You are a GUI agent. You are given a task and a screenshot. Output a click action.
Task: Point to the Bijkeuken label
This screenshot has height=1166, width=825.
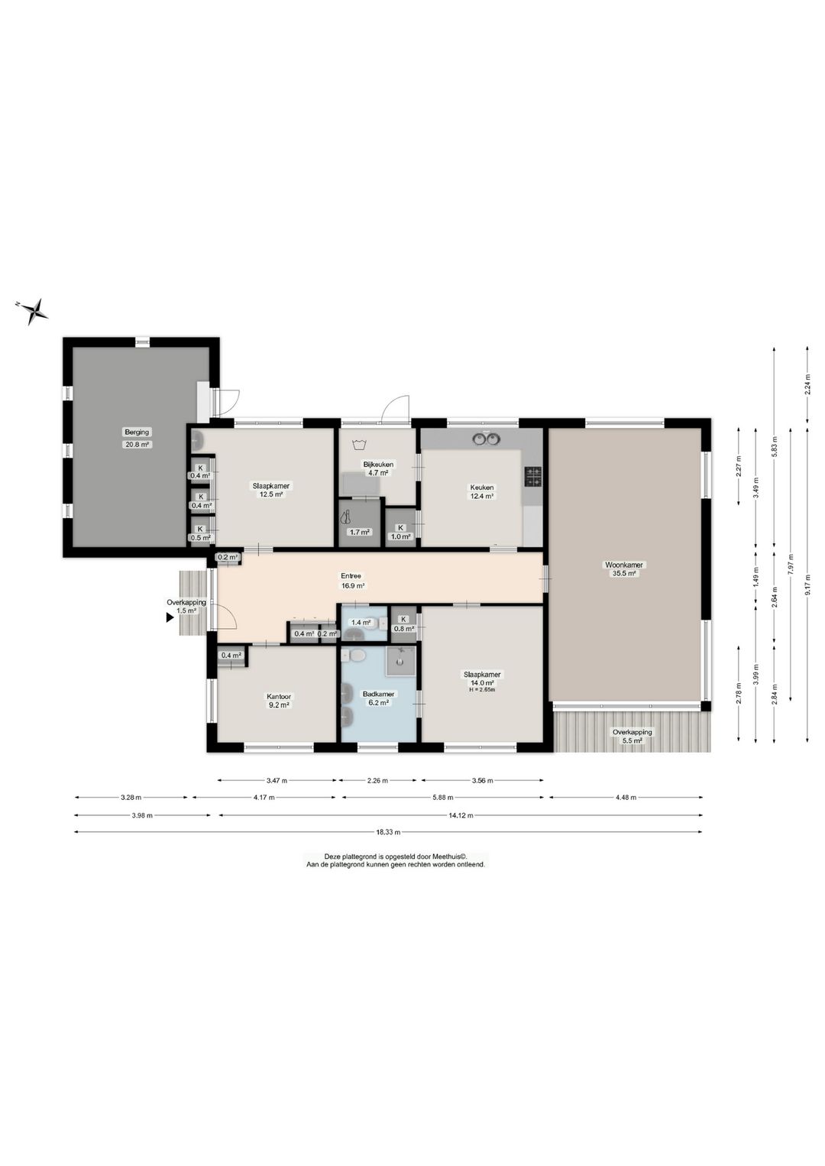(378, 464)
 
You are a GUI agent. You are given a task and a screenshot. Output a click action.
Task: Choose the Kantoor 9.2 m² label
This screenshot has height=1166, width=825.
(279, 701)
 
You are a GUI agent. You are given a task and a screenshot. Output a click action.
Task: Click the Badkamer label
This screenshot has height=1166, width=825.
(378, 694)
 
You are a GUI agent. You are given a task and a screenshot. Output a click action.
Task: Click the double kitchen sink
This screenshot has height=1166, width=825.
(486, 439)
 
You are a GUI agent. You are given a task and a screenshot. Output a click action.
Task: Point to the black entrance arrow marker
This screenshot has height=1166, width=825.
(169, 618)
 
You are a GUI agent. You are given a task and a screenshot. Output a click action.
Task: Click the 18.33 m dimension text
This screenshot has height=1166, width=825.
(388, 832)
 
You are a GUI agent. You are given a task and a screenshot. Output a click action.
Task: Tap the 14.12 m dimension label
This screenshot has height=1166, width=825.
(460, 815)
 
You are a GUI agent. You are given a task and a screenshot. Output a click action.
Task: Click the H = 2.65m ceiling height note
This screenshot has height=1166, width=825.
(481, 690)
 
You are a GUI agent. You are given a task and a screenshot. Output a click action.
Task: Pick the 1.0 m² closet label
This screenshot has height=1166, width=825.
(401, 536)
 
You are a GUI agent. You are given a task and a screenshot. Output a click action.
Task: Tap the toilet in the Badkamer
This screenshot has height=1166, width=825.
(355, 657)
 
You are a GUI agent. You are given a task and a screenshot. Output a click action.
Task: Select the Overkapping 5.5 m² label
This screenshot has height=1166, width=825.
(632, 736)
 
